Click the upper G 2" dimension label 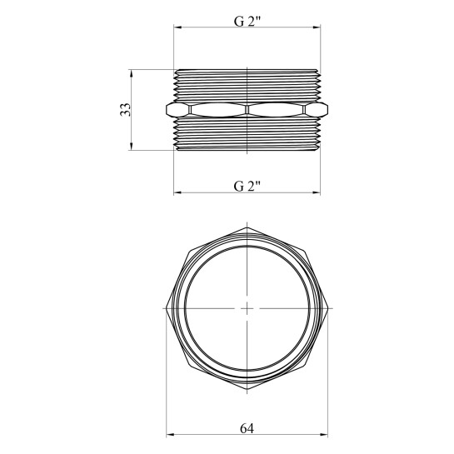(247, 21)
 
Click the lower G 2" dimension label (247, 186)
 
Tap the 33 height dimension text (126, 110)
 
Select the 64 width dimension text (247, 428)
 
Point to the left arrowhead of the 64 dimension (170, 435)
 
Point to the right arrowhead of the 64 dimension (324, 435)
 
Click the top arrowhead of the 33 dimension (131, 73)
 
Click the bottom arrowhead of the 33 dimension (131, 147)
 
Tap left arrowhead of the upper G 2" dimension (177, 27)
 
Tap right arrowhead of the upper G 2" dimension (317, 27)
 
